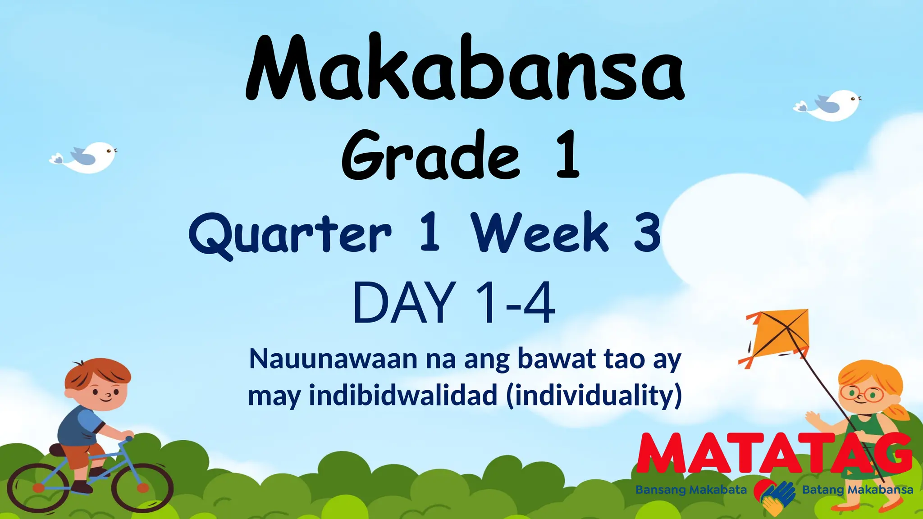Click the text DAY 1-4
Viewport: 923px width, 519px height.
[x=454, y=302]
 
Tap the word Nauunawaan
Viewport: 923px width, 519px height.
[x=334, y=360]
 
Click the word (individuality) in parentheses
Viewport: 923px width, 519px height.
[x=594, y=396]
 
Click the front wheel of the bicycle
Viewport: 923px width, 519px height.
[x=142, y=487]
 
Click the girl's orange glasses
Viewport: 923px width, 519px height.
[x=863, y=393]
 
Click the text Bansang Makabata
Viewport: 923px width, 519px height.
[x=691, y=490]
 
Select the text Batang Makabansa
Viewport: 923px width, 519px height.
[x=857, y=490]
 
